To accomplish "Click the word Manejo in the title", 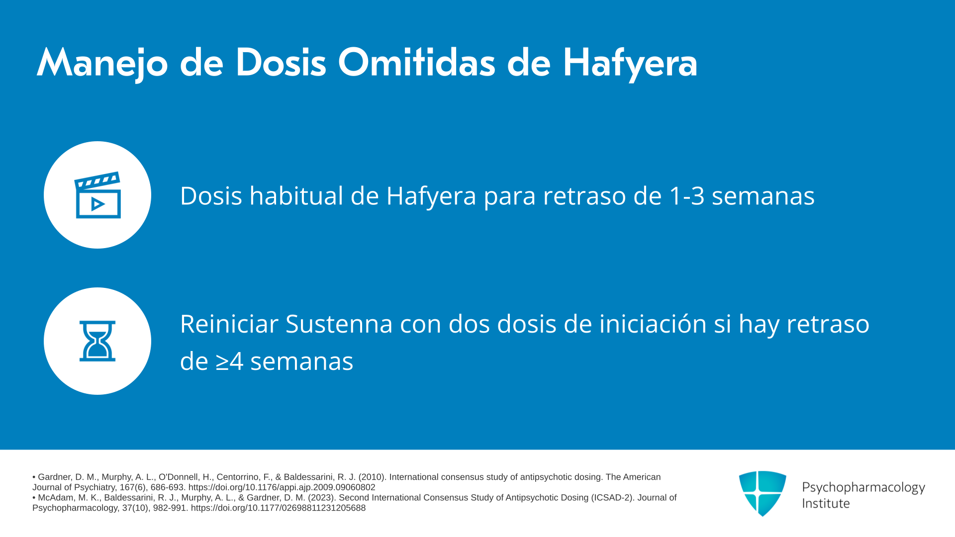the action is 102,64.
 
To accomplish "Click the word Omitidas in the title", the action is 417,63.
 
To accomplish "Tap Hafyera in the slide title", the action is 630,64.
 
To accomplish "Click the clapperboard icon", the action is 97,195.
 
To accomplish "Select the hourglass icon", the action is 97,341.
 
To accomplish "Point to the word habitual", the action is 296,195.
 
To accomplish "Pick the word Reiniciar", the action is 229,324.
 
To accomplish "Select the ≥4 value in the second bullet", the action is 230,361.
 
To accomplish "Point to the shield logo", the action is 763,493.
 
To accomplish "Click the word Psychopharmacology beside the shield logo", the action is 863,488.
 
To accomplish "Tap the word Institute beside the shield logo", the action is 826,503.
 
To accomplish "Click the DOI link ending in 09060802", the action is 282,488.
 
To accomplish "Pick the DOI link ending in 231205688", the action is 278,508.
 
